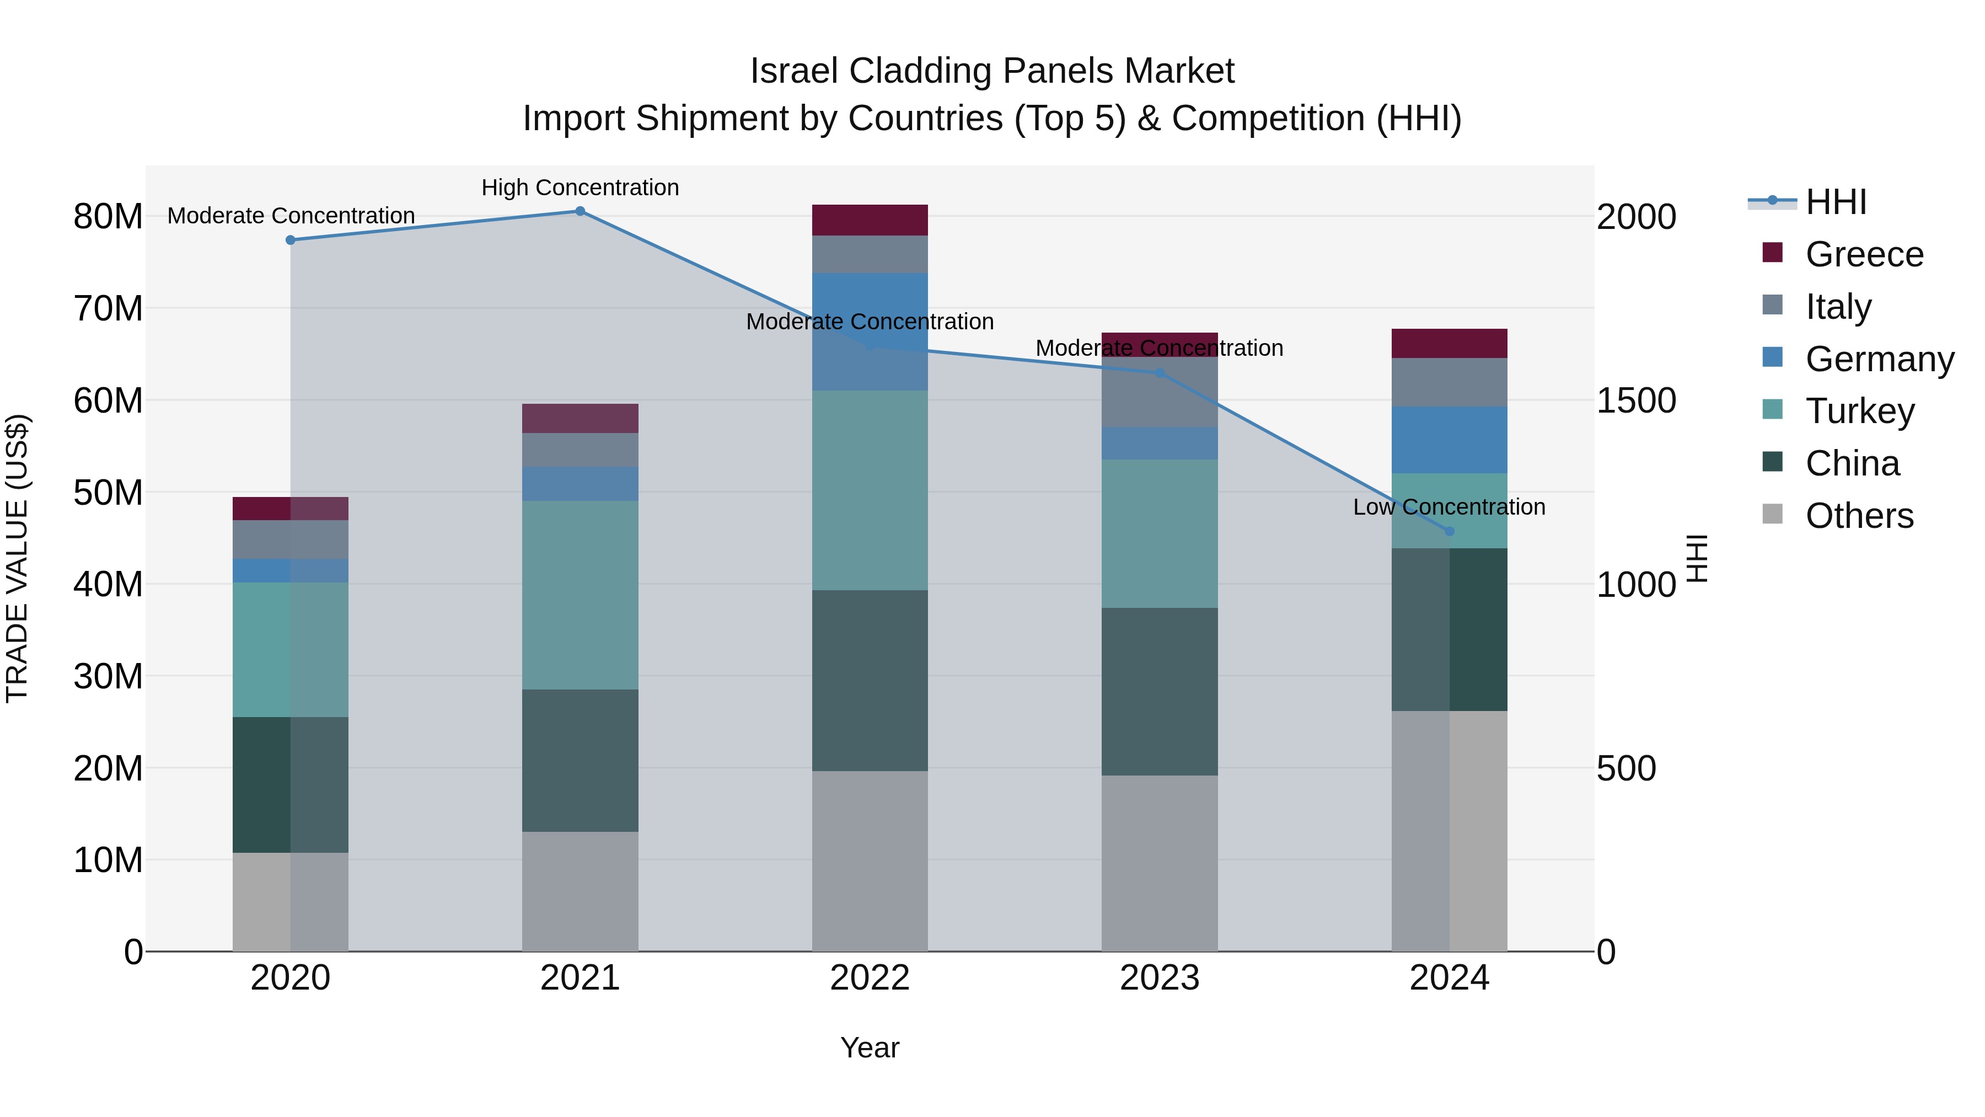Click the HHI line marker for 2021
pos(580,211)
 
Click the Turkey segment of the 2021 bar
pos(580,595)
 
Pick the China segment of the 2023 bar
pos(1159,692)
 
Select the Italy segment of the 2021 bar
pos(580,450)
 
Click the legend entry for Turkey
pos(1859,411)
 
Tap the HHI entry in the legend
pos(1834,202)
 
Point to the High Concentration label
pos(580,188)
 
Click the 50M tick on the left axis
pos(108,493)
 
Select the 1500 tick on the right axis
pos(1635,400)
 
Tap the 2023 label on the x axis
pos(1159,978)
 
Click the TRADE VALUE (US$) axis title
pos(17,558)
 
